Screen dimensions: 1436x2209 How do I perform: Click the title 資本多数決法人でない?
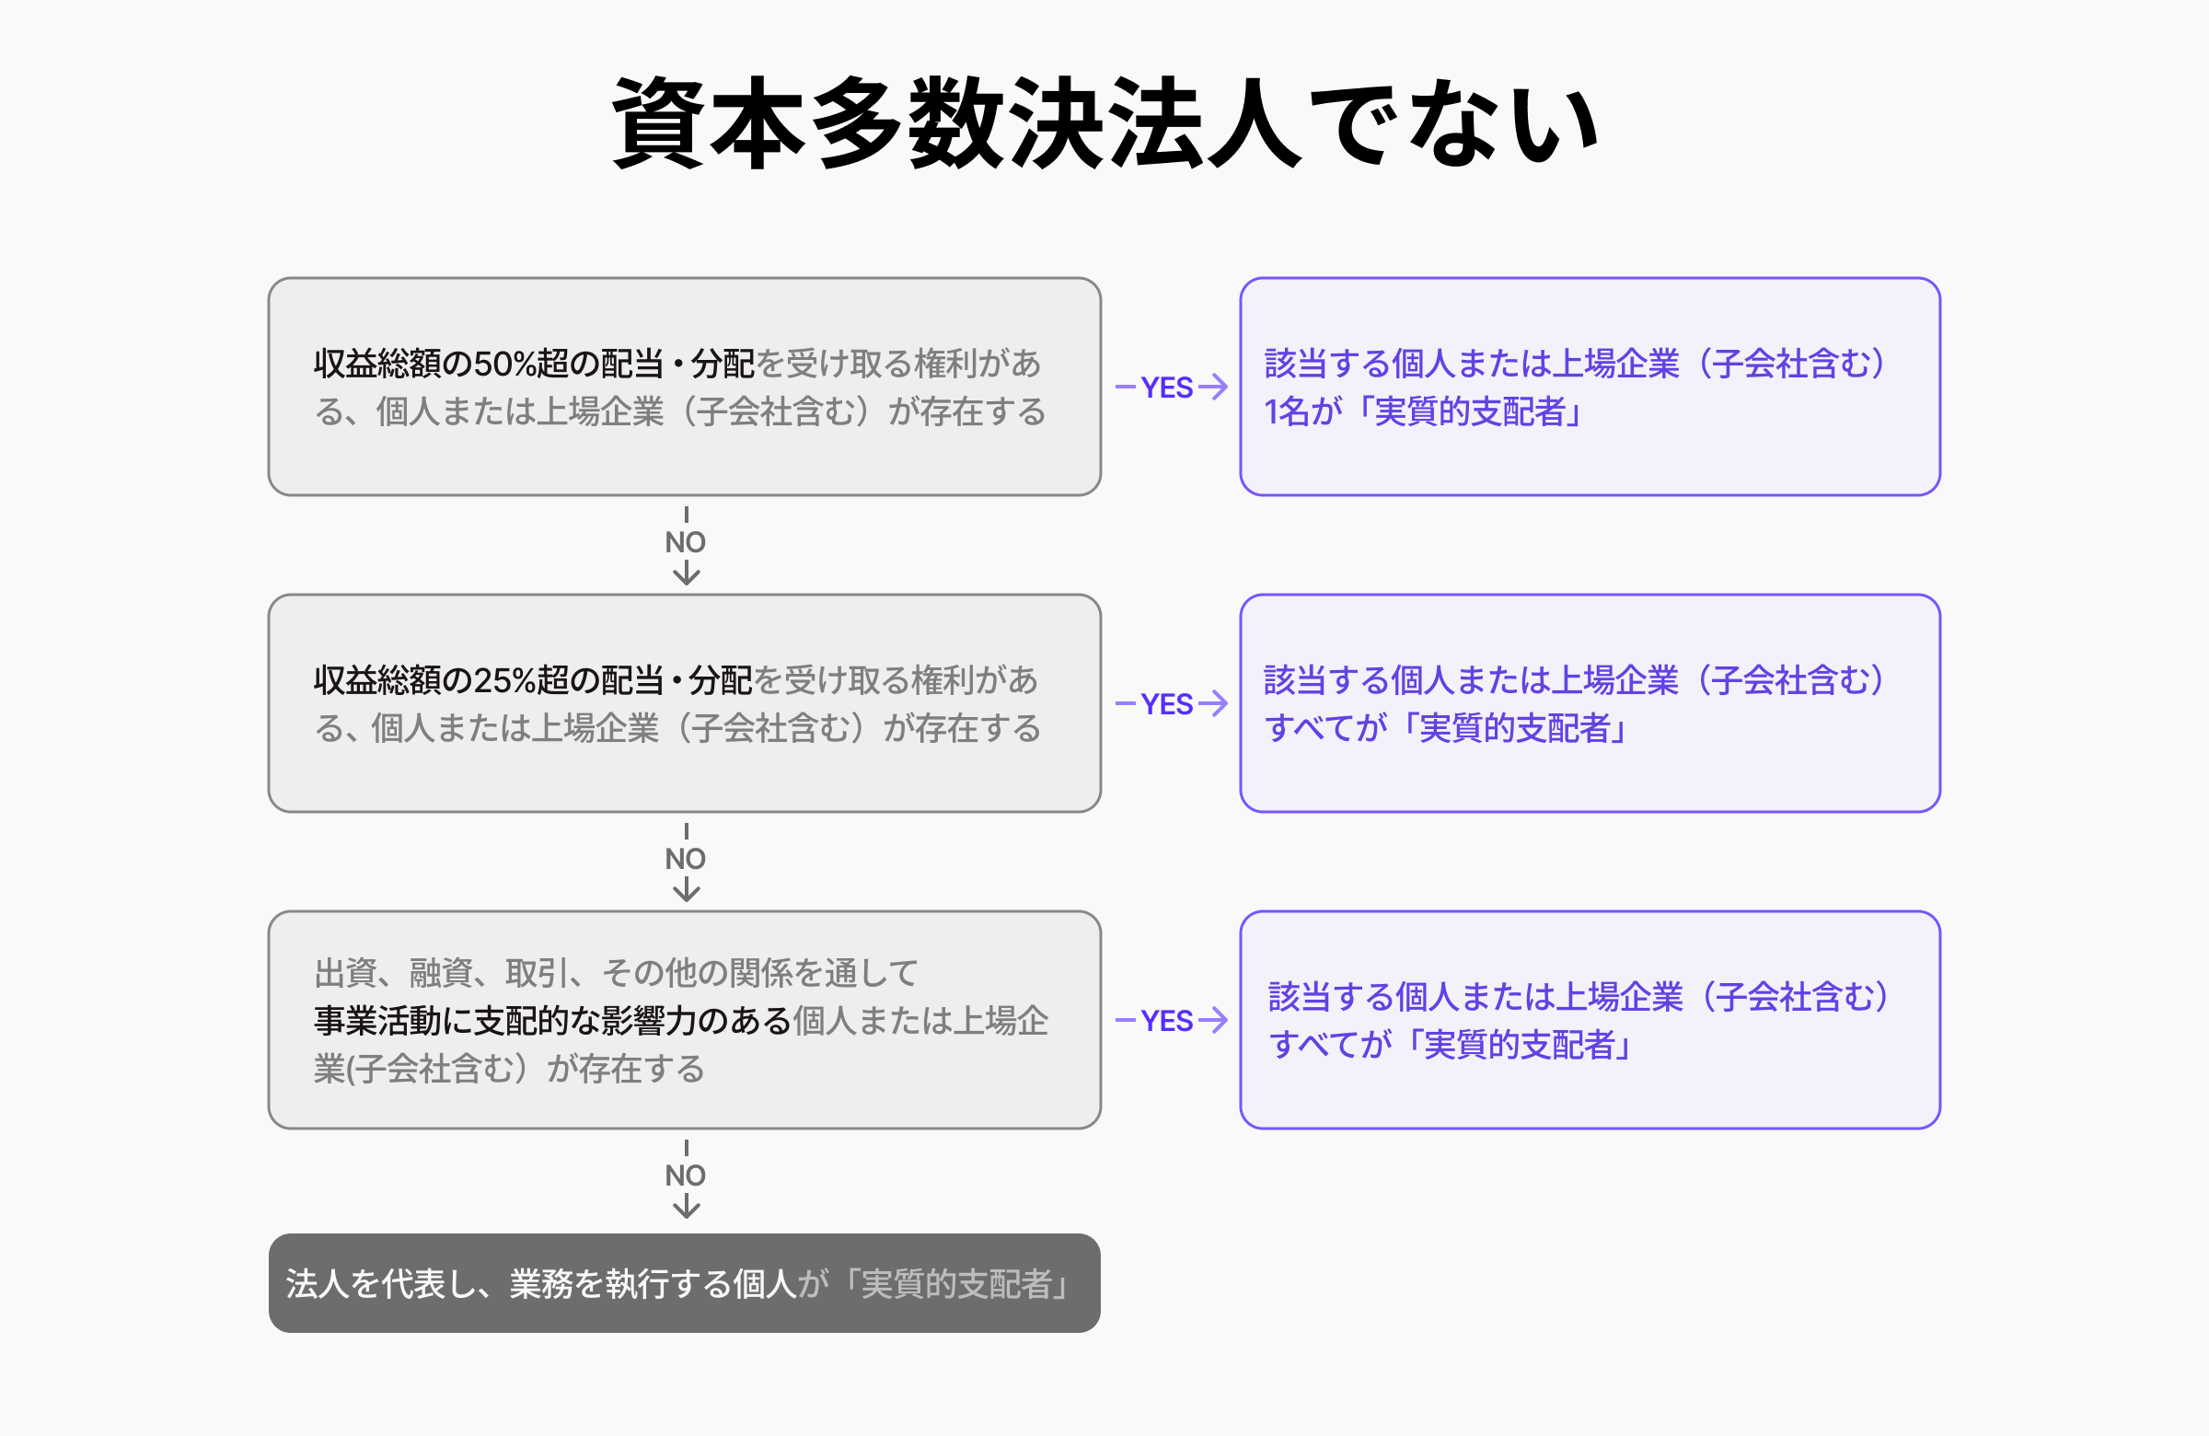click(x=1104, y=123)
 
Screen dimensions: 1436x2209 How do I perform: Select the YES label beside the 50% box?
click(x=1167, y=388)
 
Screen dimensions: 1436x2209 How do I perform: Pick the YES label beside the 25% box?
click(x=1167, y=703)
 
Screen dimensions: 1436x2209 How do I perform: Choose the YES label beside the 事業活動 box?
click(x=1167, y=1021)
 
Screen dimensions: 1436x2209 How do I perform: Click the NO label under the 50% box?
click(x=685, y=542)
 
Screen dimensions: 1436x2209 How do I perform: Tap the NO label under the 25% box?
click(x=685, y=859)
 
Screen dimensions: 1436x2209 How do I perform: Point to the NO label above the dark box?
click(x=685, y=1175)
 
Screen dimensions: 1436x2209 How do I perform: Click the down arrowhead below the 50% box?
click(x=686, y=575)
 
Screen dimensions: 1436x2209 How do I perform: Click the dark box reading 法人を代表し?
click(x=684, y=1283)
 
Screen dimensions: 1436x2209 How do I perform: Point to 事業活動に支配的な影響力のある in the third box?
click(x=552, y=1021)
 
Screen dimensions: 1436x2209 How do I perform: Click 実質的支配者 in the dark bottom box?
click(x=957, y=1284)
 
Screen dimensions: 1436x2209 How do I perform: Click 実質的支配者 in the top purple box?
click(x=1470, y=411)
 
